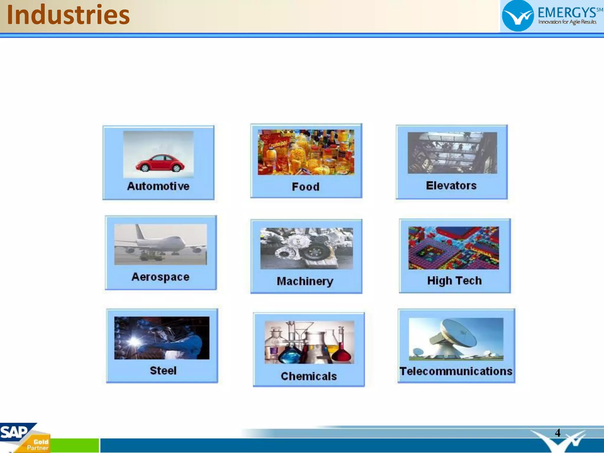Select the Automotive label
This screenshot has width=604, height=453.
(x=158, y=186)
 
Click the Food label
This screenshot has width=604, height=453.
(x=306, y=187)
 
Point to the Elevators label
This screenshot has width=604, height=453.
(x=451, y=186)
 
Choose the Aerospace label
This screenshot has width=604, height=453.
(x=160, y=277)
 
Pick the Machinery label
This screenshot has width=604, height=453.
(x=305, y=281)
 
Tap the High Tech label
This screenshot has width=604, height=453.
(x=454, y=280)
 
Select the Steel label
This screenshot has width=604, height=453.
(x=163, y=370)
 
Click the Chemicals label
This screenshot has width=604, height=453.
(x=308, y=376)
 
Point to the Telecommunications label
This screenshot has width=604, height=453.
(x=456, y=371)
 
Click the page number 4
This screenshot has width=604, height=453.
(x=557, y=433)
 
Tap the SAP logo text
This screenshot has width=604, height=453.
(x=14, y=432)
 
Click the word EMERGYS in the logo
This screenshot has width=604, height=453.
(x=567, y=13)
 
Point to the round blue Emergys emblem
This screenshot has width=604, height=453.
(x=518, y=16)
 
